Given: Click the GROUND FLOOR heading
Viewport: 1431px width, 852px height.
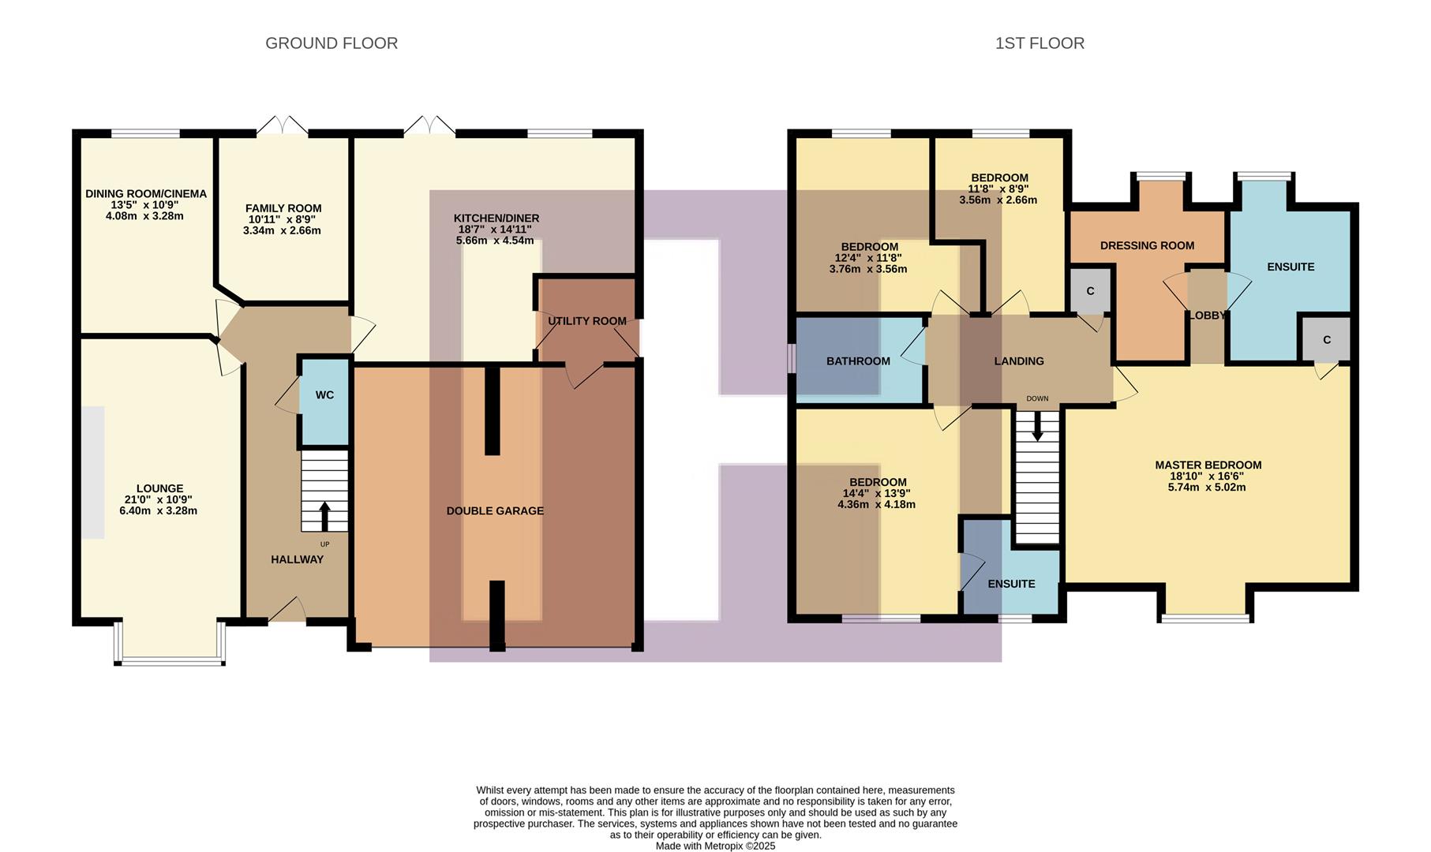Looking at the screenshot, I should click(331, 43).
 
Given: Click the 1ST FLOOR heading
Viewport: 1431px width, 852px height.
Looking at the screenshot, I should click(1039, 43).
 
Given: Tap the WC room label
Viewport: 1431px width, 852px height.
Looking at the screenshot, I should click(324, 395).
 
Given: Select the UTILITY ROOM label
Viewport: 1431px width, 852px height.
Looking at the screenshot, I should click(586, 321).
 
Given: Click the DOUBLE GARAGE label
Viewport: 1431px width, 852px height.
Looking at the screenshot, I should click(495, 511).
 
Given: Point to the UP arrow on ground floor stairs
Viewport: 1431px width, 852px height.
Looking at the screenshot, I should click(324, 517).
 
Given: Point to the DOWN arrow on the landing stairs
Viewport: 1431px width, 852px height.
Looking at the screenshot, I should click(1037, 427).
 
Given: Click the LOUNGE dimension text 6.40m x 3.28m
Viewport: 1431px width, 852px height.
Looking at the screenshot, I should click(158, 511).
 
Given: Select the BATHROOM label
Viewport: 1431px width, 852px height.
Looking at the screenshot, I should click(858, 361).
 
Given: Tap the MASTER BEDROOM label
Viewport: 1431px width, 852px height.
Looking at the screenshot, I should click(1208, 465).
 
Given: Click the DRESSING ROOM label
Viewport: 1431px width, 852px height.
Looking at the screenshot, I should click(1147, 246).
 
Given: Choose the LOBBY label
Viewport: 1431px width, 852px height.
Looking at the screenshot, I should click(1207, 316).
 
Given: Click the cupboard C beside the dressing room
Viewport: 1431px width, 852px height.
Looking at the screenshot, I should click(1090, 291).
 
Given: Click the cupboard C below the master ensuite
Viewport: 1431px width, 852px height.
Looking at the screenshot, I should click(1326, 340).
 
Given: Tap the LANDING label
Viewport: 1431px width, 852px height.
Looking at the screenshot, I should click(1018, 361).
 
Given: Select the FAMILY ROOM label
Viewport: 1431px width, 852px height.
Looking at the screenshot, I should click(283, 209).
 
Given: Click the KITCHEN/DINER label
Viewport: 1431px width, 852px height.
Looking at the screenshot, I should click(496, 219).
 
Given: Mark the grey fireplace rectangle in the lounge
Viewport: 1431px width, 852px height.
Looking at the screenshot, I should click(93, 473).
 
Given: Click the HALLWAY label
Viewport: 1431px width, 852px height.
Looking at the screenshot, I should click(297, 560).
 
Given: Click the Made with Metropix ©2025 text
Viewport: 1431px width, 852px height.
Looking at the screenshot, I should click(715, 846).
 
